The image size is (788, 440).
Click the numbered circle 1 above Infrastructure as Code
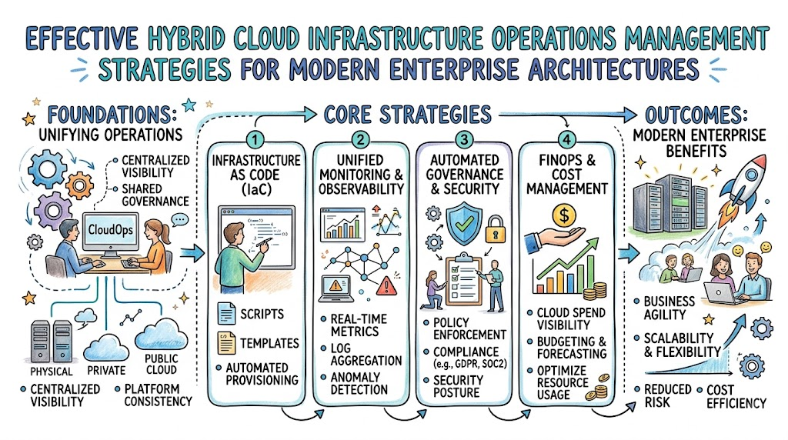coord(255,139)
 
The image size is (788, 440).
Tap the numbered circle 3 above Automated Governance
coord(464,139)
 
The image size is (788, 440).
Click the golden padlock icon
coord(495,229)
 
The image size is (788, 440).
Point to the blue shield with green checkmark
coord(464,224)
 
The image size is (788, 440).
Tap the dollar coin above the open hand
coord(564,215)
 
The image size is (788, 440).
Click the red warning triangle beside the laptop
coord(386,285)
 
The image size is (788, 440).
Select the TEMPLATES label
coord(269,344)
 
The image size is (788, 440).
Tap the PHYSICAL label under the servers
coord(52,372)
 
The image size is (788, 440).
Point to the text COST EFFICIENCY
coord(736,396)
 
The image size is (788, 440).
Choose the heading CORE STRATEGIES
coord(408,115)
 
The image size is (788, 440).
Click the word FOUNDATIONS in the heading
coord(112,115)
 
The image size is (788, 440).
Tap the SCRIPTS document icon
coord(226,313)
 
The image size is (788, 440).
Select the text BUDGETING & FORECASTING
coord(572,348)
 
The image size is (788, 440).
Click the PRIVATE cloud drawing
coord(105,347)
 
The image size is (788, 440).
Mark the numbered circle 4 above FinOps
coord(567,139)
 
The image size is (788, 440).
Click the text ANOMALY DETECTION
coord(359,383)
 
